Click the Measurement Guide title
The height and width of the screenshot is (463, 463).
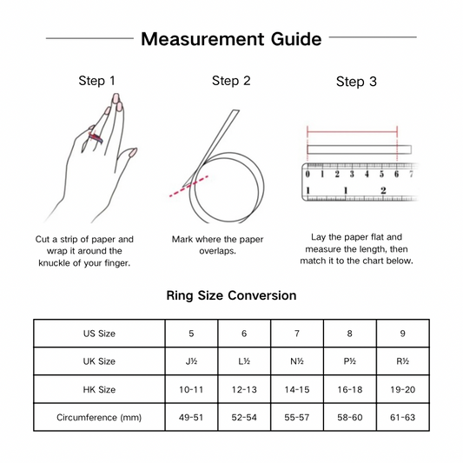(231, 39)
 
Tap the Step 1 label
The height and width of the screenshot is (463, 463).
(96, 81)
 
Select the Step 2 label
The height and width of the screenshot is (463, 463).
(231, 81)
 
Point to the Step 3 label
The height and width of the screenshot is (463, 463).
(356, 82)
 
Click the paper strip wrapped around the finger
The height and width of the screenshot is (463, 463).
(96, 137)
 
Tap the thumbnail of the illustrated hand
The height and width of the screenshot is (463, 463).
(133, 153)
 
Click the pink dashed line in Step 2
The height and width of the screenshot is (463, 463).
(189, 186)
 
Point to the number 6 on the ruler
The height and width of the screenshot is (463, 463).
(397, 174)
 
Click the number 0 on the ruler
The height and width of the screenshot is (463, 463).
(308, 174)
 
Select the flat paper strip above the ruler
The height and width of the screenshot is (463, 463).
(360, 149)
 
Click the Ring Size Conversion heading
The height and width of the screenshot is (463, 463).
(231, 295)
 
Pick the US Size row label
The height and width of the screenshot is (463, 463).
(99, 334)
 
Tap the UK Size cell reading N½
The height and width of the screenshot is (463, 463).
(297, 361)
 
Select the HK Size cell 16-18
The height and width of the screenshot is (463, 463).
(349, 389)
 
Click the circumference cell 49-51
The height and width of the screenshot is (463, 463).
(191, 417)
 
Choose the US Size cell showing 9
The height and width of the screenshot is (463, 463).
(402, 334)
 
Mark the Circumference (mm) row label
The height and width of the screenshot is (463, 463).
(99, 418)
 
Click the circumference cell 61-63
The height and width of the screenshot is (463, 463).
(402, 417)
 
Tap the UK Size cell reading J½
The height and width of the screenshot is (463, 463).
(191, 361)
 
